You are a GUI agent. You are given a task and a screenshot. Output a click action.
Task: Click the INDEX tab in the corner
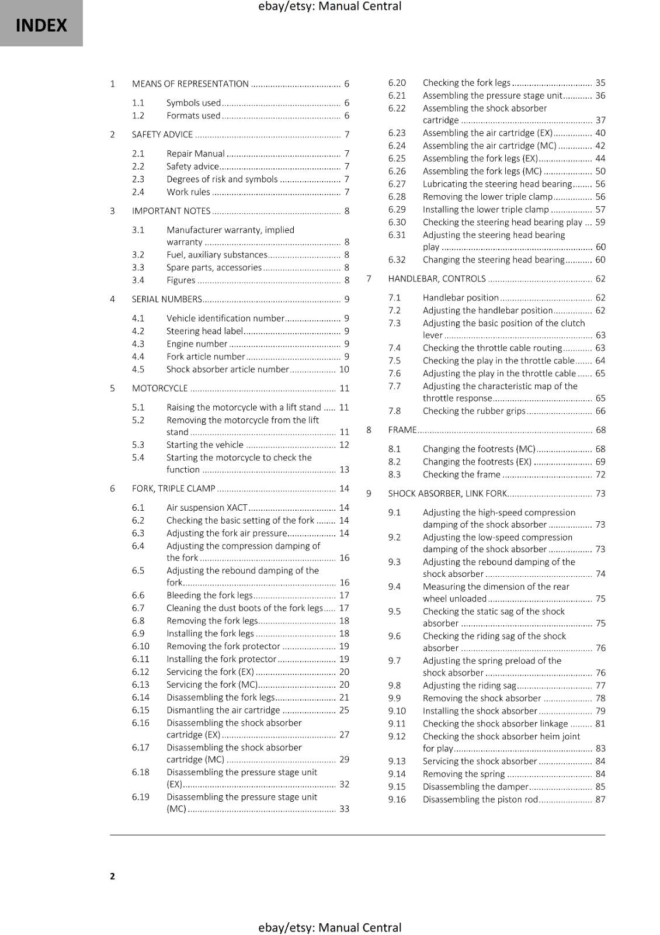pyautogui.click(x=41, y=25)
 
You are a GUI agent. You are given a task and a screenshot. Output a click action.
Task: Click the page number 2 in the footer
pyautogui.click(x=112, y=875)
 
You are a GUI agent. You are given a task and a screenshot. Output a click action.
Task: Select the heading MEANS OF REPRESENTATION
pyautogui.click(x=190, y=84)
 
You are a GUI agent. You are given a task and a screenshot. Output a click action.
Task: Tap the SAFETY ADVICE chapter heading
pyautogui.click(x=162, y=134)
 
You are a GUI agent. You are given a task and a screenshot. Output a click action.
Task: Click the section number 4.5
pyautogui.click(x=138, y=369)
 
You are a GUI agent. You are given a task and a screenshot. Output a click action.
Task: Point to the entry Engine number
pyautogui.click(x=197, y=344)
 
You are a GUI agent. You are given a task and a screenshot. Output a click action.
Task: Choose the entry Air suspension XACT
pyautogui.click(x=207, y=507)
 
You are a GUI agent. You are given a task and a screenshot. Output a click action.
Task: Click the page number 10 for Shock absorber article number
pyautogui.click(x=344, y=369)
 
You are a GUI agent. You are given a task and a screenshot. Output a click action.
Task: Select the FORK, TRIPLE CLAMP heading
pyautogui.click(x=173, y=488)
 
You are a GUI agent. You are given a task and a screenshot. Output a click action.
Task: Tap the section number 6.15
pyautogui.click(x=141, y=710)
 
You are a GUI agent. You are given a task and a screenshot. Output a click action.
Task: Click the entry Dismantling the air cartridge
pyautogui.click(x=223, y=710)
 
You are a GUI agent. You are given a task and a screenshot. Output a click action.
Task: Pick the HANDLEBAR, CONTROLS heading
pyautogui.click(x=437, y=279)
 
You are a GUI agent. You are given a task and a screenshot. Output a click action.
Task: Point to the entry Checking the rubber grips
pyautogui.click(x=474, y=411)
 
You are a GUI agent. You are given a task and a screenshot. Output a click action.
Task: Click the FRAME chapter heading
pyautogui.click(x=402, y=430)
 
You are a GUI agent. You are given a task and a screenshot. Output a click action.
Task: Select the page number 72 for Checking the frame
pyautogui.click(x=600, y=475)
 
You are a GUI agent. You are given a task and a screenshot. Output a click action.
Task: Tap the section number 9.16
pyautogui.click(x=397, y=799)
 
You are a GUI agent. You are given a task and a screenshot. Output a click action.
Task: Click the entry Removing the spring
pyautogui.click(x=464, y=774)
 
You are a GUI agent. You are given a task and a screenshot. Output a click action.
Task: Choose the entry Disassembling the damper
pyautogui.click(x=475, y=787)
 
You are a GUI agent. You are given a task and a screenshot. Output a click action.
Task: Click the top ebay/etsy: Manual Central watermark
pyautogui.click(x=329, y=6)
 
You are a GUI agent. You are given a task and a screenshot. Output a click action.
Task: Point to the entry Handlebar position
pyautogui.click(x=461, y=297)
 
